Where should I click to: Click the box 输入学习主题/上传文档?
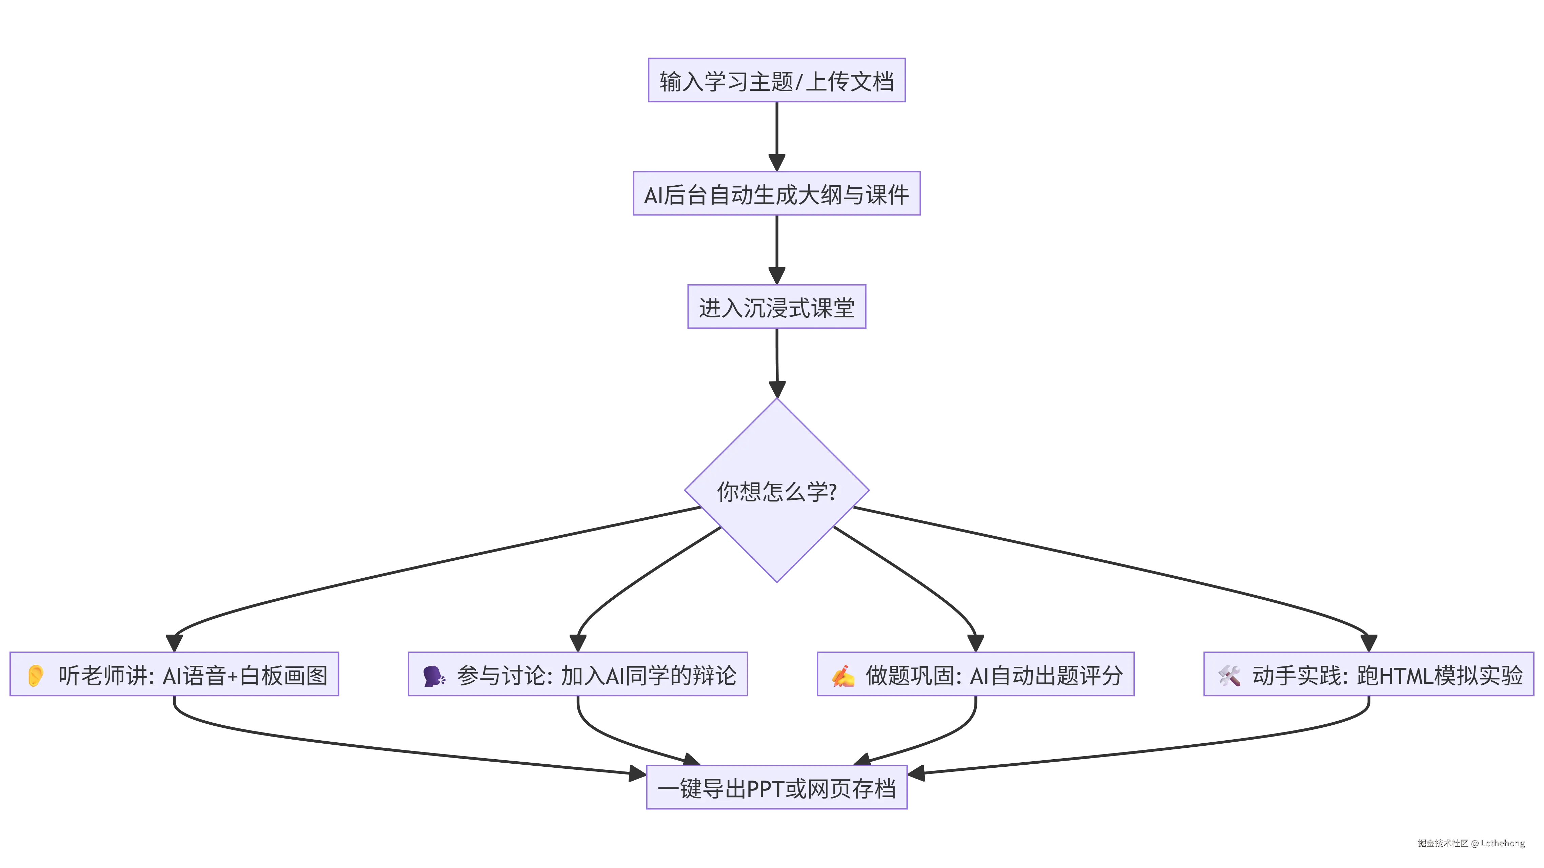tap(776, 80)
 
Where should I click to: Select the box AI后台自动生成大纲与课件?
tap(777, 194)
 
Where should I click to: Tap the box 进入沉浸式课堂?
tap(777, 307)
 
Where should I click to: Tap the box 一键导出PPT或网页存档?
tap(777, 788)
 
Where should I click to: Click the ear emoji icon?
tap(35, 675)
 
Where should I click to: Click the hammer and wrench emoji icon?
tap(1229, 676)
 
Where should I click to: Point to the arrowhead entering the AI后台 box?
tap(777, 162)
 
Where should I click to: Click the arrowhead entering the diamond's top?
tap(777, 388)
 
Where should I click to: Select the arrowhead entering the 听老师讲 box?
tap(174, 642)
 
